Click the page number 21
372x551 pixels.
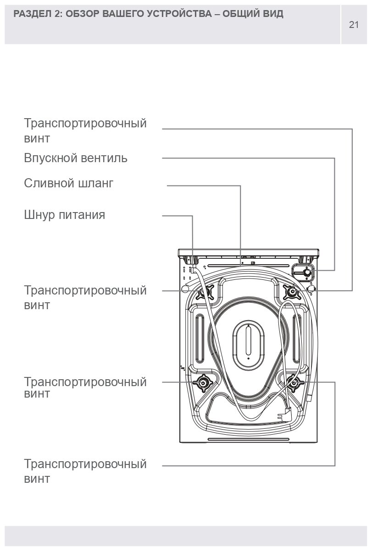(x=354, y=25)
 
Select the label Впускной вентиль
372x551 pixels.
(x=76, y=158)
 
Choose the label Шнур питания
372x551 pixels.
(x=64, y=215)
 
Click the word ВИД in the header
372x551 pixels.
(x=273, y=14)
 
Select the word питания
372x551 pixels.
(x=83, y=215)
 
